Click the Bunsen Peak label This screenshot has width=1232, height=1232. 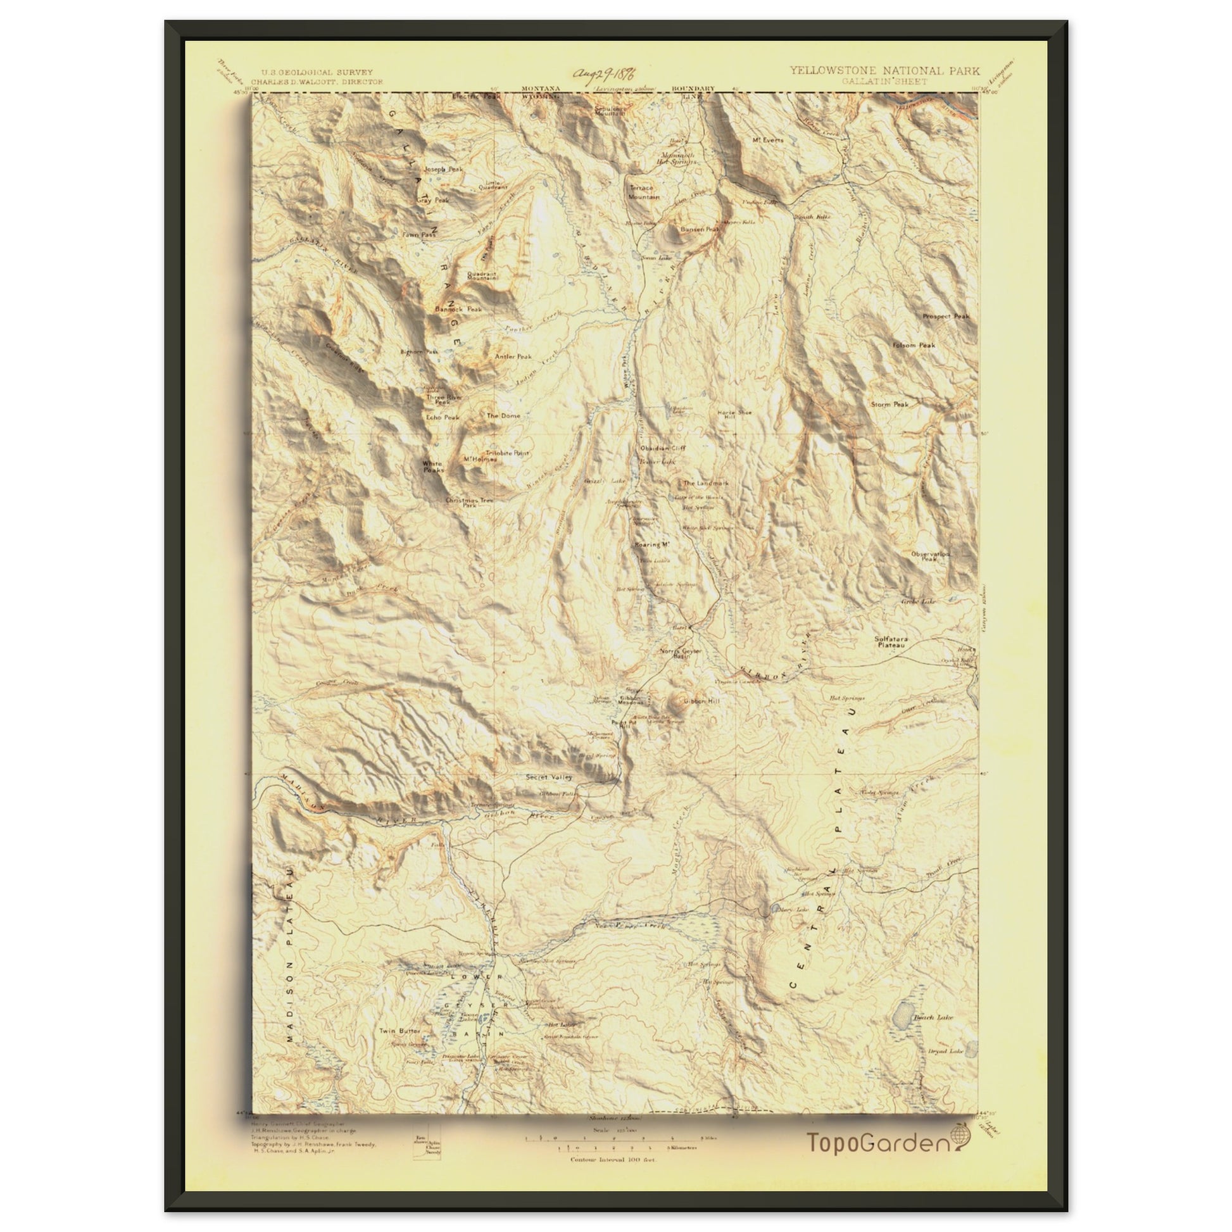[x=700, y=229]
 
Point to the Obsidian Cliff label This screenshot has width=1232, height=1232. [x=663, y=448]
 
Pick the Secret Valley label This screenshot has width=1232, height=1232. [x=548, y=777]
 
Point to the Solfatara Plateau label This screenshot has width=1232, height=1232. [x=891, y=641]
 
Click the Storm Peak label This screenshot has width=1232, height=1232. [x=889, y=405]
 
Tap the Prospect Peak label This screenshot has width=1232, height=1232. [x=946, y=317]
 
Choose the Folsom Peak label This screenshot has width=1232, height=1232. [x=914, y=345]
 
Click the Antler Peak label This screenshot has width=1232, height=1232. [x=513, y=356]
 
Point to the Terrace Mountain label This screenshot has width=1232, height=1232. [x=643, y=192]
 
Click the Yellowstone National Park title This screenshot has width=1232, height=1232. [x=885, y=71]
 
